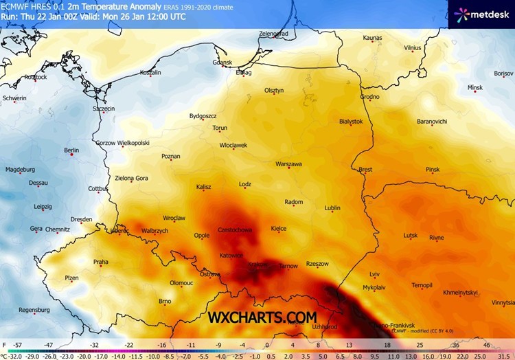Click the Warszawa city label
pyautogui.click(x=288, y=164)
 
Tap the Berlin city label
pyautogui.click(x=71, y=150)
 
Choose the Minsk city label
pyautogui.click(x=474, y=88)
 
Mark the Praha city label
pyautogui.click(x=101, y=262)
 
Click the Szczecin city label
pyautogui.click(x=104, y=109)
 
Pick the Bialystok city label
pyautogui.click(x=351, y=121)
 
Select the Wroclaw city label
pyautogui.click(x=174, y=218)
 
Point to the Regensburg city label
pyautogui.click(x=34, y=310)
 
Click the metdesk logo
pyautogui.click(x=481, y=14)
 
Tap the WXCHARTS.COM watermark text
pyautogui.click(x=263, y=317)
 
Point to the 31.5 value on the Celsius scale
pyautogui.click(x=505, y=356)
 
